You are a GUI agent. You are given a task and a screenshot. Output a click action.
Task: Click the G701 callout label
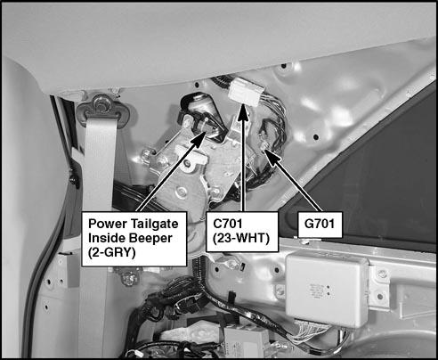pos(320,225)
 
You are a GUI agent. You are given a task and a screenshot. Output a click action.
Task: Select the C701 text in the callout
pos(228,224)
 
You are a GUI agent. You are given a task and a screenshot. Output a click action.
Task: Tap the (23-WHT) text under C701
pos(241,238)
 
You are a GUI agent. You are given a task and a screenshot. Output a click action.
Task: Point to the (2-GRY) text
pos(111,252)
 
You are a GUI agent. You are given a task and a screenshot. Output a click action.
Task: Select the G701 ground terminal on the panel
pos(263,146)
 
